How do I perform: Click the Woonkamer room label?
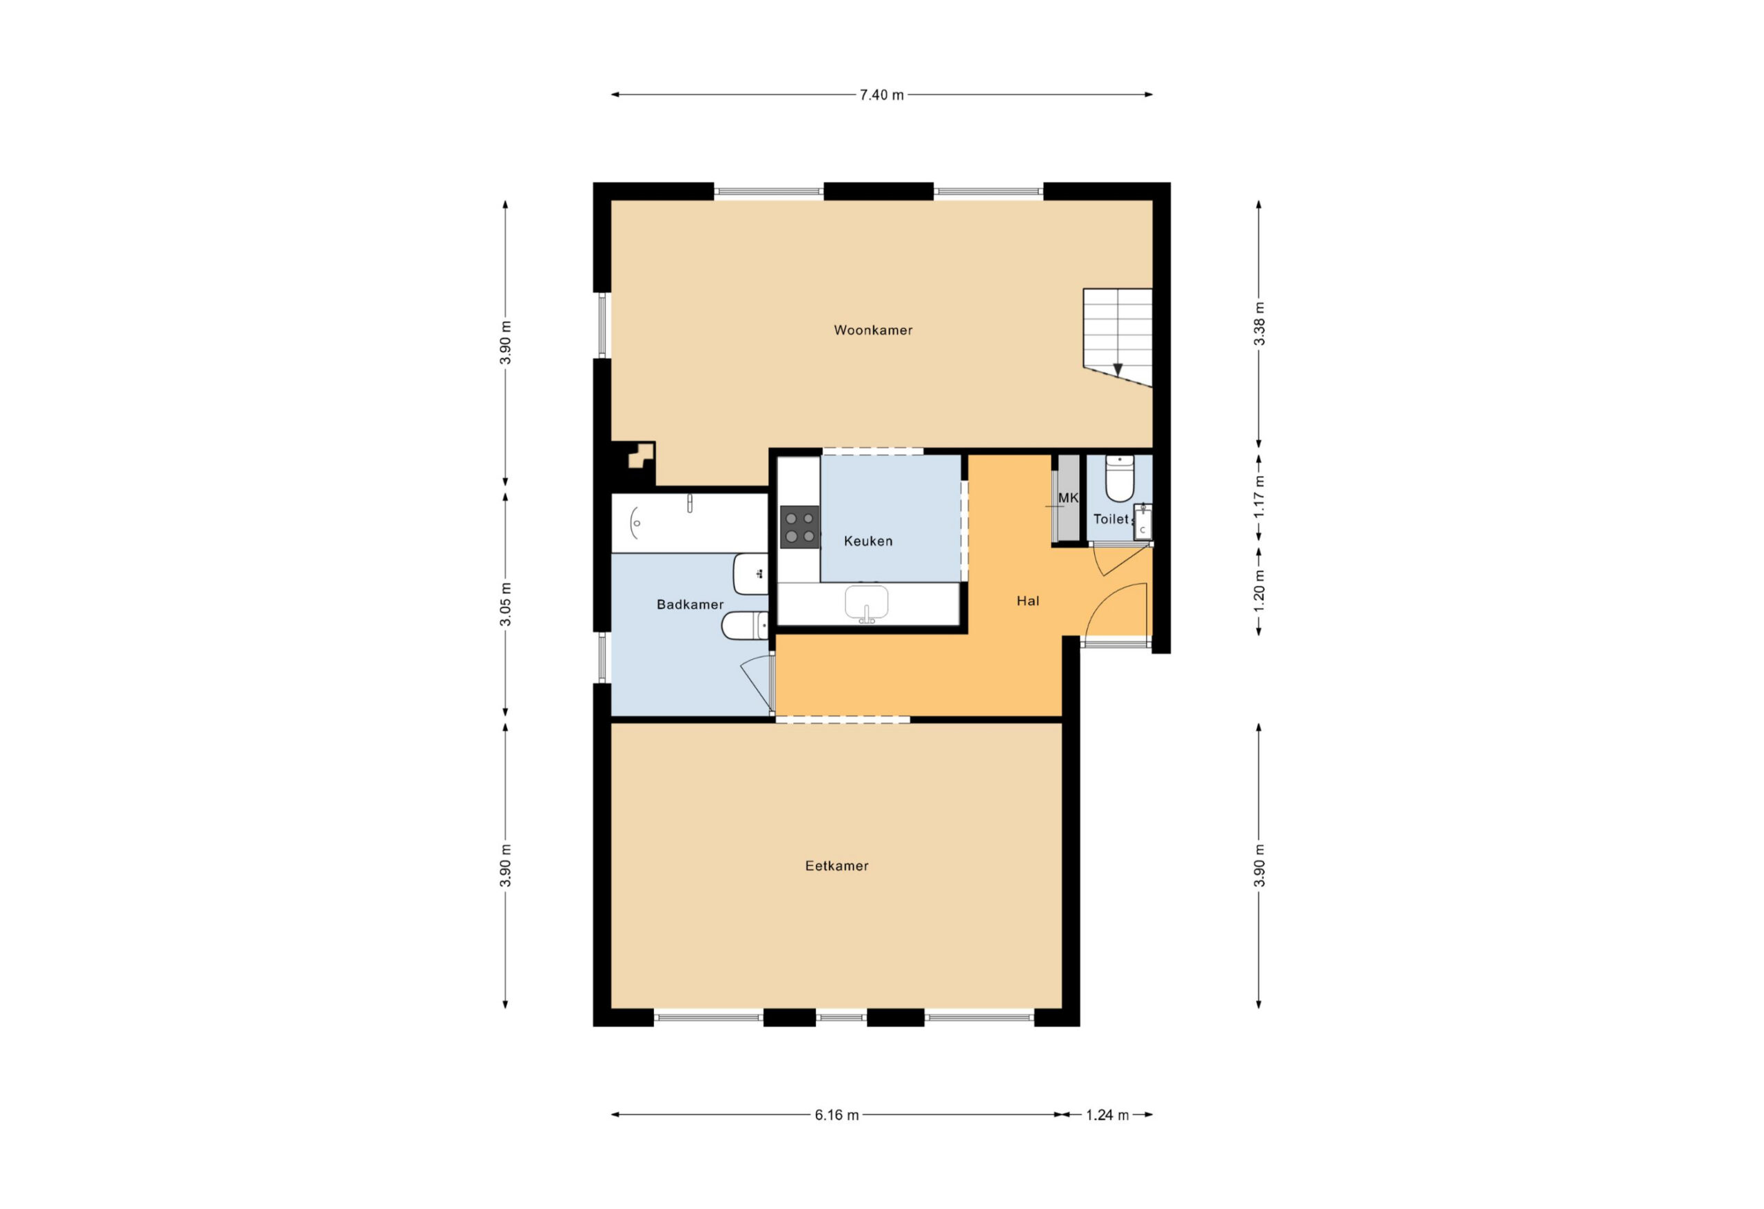coord(873,330)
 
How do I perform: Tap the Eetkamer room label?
coord(837,866)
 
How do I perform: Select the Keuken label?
coord(868,541)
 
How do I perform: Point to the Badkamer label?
coord(690,605)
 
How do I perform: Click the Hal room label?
coord(1027,601)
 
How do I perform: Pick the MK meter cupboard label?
coord(1068,498)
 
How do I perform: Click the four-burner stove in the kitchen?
coord(800,527)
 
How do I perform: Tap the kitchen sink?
coord(867,603)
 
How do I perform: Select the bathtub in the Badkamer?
coord(690,523)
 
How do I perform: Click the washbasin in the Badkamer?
coord(750,574)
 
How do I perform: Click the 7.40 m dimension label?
coord(881,95)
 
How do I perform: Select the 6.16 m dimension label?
coord(837,1115)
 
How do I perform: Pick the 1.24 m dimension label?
coord(1107,1115)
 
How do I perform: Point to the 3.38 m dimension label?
coord(1259,323)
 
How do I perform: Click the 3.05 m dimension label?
coord(506,604)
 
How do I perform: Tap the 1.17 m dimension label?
coord(1259,497)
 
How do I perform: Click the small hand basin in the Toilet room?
coord(1142,522)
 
